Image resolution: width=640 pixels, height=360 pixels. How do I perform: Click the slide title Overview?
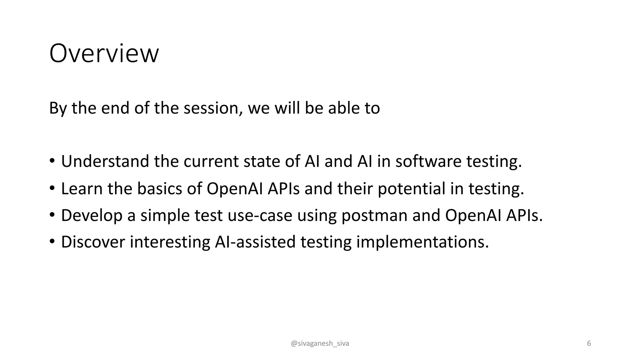[x=104, y=53]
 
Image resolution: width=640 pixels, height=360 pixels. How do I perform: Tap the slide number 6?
[x=589, y=343]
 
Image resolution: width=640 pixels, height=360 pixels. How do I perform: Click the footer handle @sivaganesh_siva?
[x=320, y=343]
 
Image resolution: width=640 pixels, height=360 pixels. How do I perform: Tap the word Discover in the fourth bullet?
[x=93, y=242]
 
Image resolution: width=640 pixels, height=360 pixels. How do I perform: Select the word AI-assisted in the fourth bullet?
[x=255, y=242]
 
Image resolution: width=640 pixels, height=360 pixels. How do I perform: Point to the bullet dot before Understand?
[x=52, y=161]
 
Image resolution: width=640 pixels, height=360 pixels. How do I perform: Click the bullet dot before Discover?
[x=52, y=241]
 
